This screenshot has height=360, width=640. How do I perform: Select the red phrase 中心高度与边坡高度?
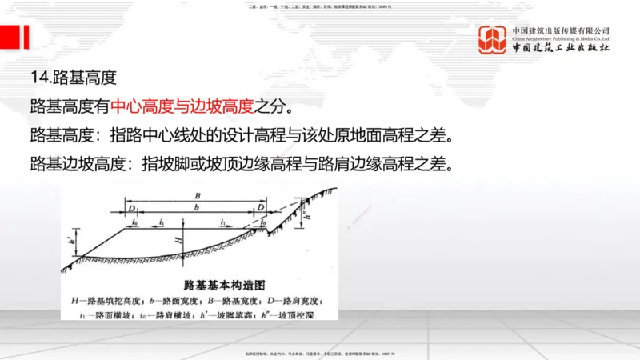coord(182,105)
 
